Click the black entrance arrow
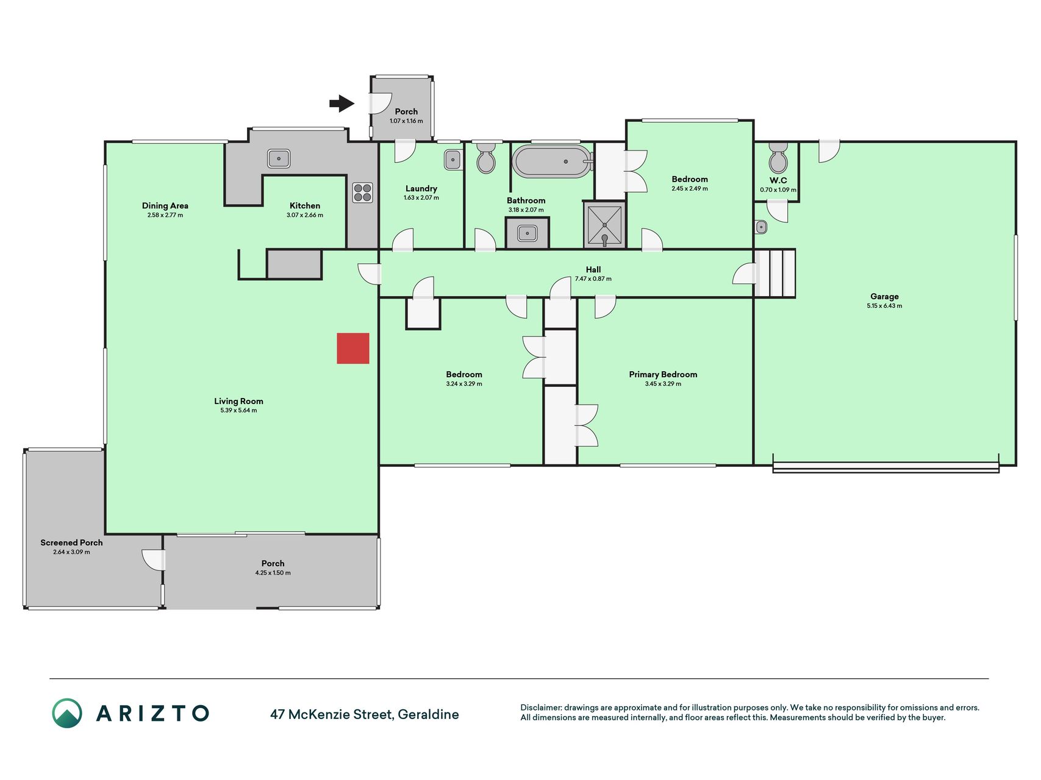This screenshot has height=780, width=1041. click(342, 104)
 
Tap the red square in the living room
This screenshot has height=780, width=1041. click(353, 349)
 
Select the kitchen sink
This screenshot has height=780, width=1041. click(279, 158)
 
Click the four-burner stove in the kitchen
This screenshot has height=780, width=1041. click(362, 193)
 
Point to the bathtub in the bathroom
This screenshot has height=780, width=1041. click(553, 161)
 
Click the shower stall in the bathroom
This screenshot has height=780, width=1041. click(605, 225)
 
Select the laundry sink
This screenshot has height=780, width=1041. click(453, 160)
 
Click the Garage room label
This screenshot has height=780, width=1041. click(884, 297)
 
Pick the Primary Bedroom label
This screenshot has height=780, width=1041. click(663, 374)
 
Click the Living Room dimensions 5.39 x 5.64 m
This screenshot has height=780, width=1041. click(238, 411)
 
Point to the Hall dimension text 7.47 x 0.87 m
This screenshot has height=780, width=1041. click(593, 279)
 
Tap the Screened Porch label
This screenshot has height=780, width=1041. click(71, 542)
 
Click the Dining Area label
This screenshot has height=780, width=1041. click(165, 206)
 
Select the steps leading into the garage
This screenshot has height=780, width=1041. click(775, 273)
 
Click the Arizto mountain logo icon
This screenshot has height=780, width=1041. click(67, 713)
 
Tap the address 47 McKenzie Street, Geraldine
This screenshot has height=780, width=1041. click(365, 714)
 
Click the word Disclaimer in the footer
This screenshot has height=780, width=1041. click(540, 707)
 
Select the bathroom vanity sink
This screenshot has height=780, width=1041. click(527, 233)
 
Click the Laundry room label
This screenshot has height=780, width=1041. click(421, 189)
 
